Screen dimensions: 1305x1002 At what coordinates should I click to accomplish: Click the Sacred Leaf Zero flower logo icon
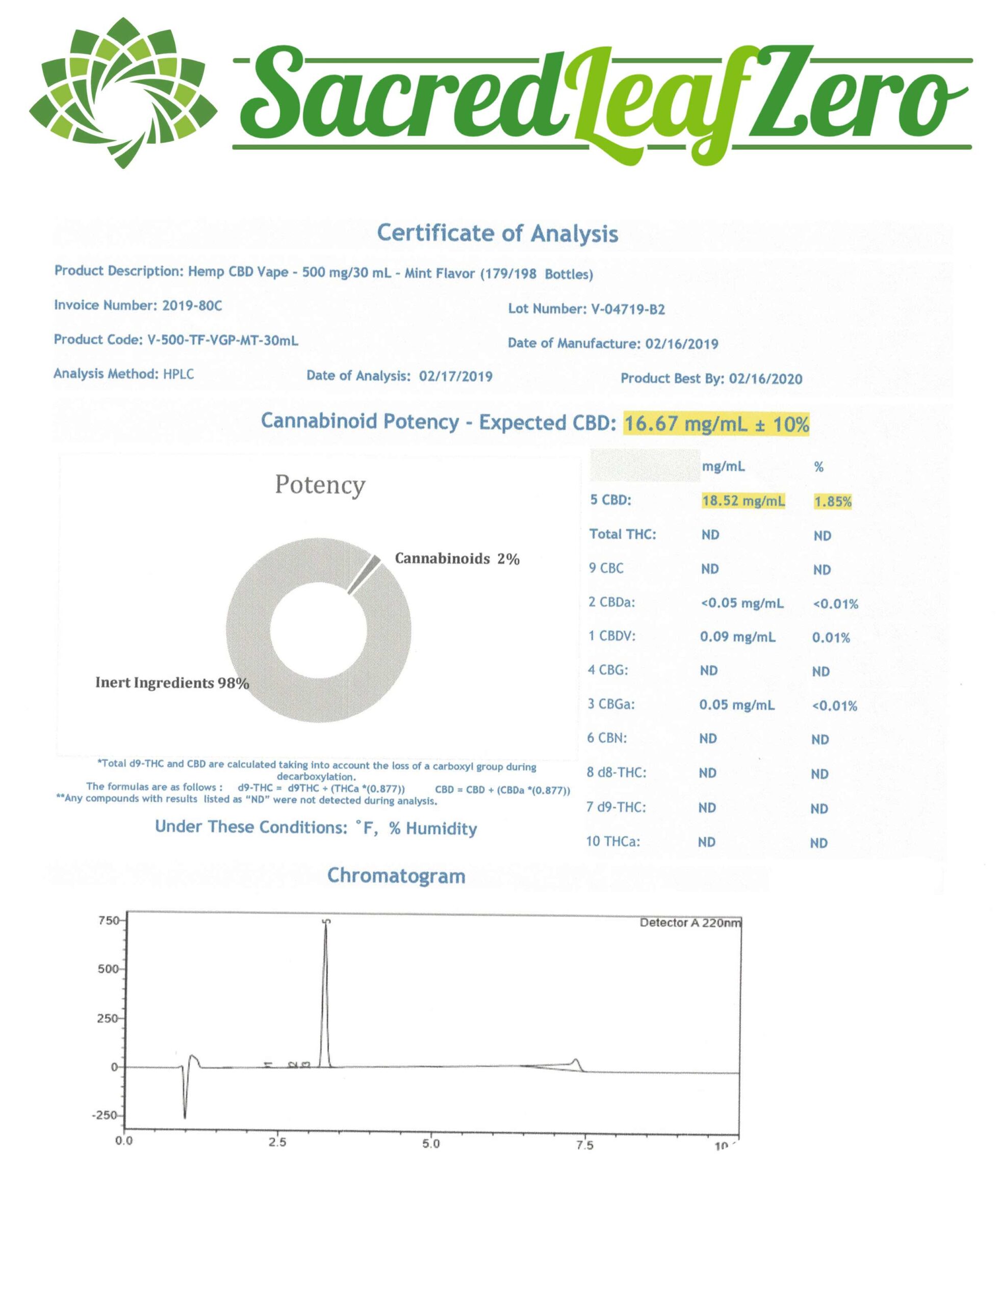tap(123, 93)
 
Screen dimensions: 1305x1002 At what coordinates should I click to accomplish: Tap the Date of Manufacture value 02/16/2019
tap(681, 344)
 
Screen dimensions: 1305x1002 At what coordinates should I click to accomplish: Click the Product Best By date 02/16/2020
tap(765, 379)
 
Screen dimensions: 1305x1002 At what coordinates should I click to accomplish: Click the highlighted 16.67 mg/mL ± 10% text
tap(716, 425)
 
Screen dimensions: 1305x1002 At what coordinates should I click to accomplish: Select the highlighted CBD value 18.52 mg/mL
tap(742, 501)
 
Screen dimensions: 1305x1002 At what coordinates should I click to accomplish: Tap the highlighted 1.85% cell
tap(833, 502)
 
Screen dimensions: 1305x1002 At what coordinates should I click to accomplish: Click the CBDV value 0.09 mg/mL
tap(737, 637)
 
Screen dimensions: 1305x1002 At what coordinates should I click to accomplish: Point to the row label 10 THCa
tap(612, 842)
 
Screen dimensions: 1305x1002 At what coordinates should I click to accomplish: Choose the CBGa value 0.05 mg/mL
tap(737, 705)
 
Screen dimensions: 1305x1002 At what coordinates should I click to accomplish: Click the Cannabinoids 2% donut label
tap(457, 559)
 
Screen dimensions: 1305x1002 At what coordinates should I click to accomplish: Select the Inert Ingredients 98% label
tap(172, 683)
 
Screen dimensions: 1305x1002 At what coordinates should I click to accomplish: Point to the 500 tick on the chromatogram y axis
tap(108, 970)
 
